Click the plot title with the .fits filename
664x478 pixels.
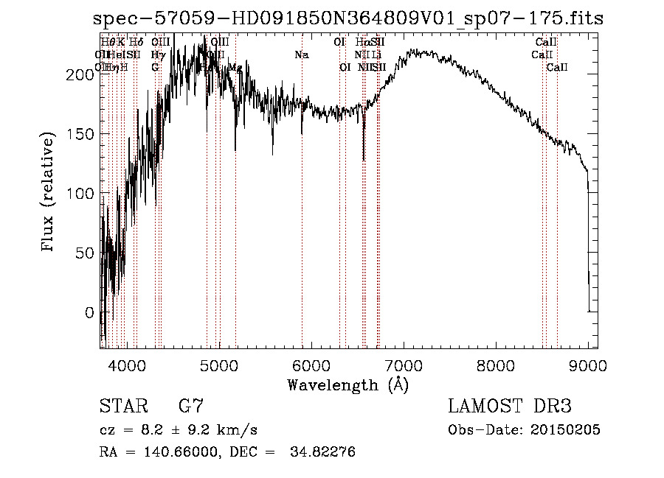(348, 18)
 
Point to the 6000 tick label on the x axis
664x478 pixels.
(311, 364)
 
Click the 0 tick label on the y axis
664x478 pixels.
(90, 312)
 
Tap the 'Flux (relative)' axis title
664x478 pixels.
(49, 194)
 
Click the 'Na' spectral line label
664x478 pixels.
(301, 55)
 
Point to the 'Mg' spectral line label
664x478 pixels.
(235, 68)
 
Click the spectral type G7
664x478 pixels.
(191, 407)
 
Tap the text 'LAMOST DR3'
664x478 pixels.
(510, 407)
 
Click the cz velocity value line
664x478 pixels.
(178, 430)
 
